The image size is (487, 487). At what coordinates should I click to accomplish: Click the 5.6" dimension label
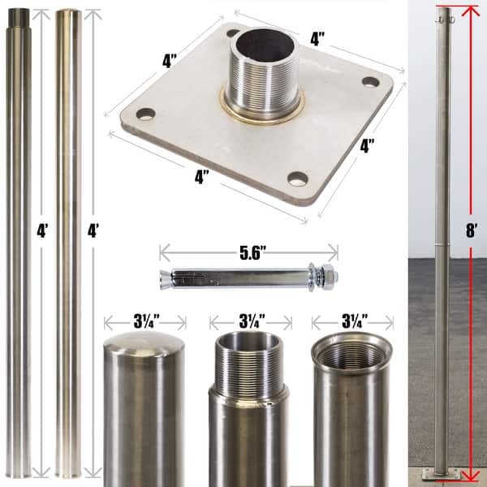(x=248, y=251)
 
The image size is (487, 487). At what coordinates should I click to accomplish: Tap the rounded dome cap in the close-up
(x=144, y=349)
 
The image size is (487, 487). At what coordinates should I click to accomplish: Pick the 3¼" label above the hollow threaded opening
(x=351, y=321)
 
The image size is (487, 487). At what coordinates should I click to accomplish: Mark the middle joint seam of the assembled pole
(x=441, y=243)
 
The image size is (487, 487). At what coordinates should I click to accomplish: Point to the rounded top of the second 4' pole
(x=68, y=14)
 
